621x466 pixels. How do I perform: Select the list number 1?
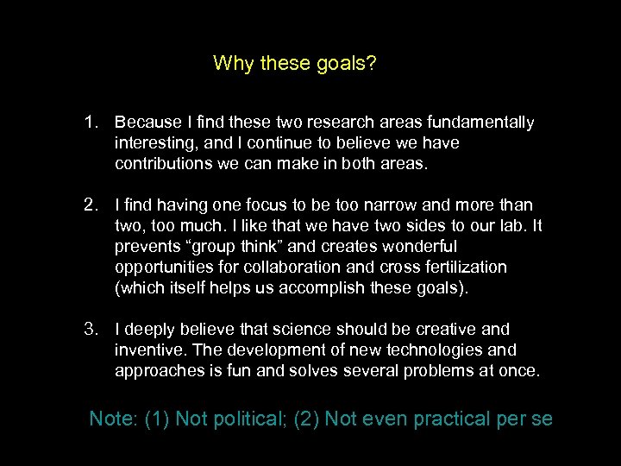pyautogui.click(x=92, y=123)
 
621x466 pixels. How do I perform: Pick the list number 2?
pyautogui.click(x=92, y=205)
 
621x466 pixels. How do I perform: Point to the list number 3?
pyautogui.click(x=92, y=330)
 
